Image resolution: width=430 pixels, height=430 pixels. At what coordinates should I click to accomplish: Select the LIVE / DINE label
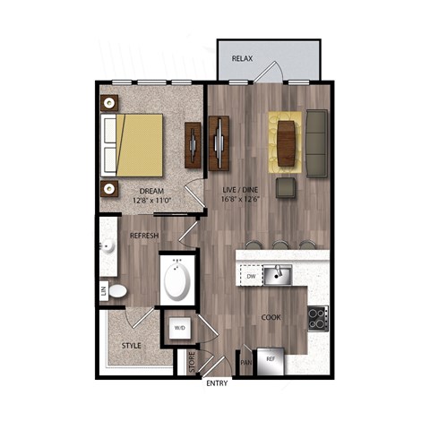tap(241, 189)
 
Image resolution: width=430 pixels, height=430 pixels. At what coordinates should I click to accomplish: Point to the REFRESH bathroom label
tap(144, 235)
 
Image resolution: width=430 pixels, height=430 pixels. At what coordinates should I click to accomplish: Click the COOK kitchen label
tap(271, 317)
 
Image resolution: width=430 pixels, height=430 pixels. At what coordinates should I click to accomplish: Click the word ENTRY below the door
tap(217, 383)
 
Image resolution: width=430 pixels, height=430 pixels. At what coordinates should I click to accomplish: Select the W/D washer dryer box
tap(179, 329)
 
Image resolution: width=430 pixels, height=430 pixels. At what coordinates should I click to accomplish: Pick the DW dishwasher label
tap(252, 278)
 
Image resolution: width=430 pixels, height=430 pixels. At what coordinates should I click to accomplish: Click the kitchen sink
tap(280, 274)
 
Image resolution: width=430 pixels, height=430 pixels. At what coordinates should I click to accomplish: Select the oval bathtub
tap(177, 281)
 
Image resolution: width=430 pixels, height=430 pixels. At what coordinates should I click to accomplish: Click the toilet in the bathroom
tap(119, 290)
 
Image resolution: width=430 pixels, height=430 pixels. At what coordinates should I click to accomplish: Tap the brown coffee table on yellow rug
tap(286, 143)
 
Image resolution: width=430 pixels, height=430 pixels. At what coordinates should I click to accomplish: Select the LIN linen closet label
tap(104, 290)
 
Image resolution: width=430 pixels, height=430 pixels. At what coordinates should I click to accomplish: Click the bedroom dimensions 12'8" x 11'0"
tap(151, 201)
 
